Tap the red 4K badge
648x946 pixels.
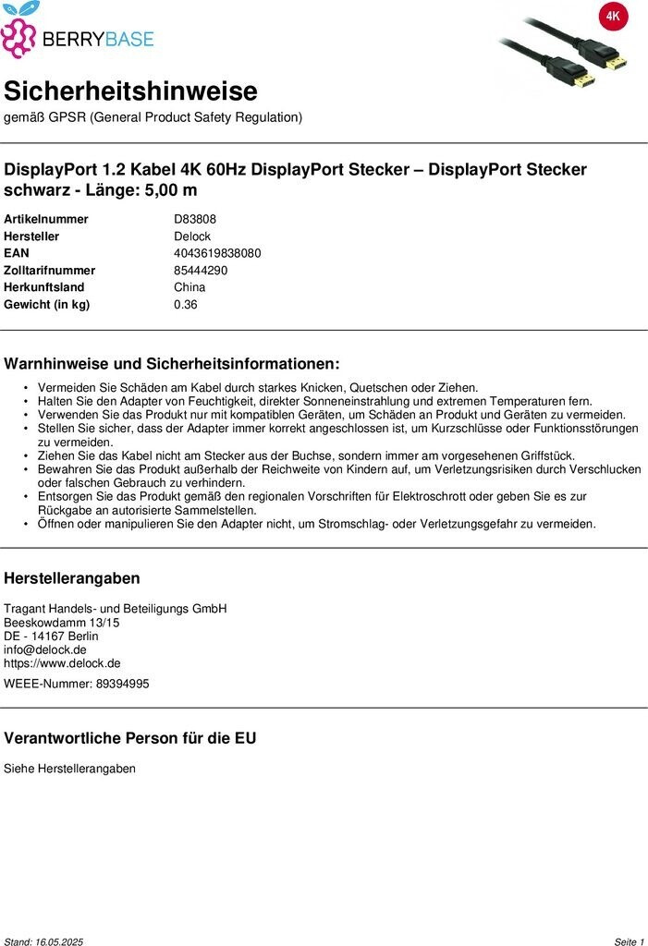coord(613,17)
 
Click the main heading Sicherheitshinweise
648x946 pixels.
coord(130,91)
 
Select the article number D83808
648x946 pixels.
coord(195,219)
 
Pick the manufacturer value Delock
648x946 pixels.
coord(192,236)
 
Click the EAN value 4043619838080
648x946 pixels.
coord(217,253)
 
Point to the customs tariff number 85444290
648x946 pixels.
coord(201,271)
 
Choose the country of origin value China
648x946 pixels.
coord(190,287)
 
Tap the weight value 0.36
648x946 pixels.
coord(186,305)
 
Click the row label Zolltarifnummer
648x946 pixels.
coord(50,271)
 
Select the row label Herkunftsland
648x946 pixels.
coord(44,287)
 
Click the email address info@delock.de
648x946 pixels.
coord(45,649)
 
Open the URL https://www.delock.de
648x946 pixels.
coord(62,663)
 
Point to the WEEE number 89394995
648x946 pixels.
coord(122,684)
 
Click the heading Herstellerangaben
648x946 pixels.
coord(72,578)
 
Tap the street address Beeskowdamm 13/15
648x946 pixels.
coord(62,623)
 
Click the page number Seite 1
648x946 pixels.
coord(629,941)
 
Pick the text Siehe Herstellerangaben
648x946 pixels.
coord(69,769)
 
